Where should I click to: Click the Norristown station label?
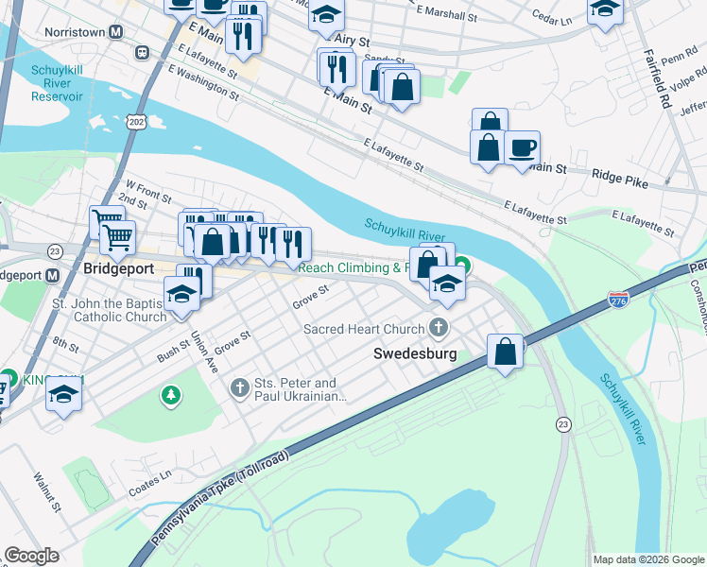(x=76, y=32)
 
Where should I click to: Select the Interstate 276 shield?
(x=618, y=300)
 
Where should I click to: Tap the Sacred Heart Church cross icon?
(x=438, y=328)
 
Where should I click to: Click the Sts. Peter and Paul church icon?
(x=239, y=387)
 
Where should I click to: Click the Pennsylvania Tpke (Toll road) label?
(x=220, y=498)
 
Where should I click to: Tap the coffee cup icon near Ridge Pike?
(x=522, y=148)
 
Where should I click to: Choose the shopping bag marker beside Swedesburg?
(x=506, y=352)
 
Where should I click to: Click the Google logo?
(x=31, y=555)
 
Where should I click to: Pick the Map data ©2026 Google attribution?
(x=647, y=559)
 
